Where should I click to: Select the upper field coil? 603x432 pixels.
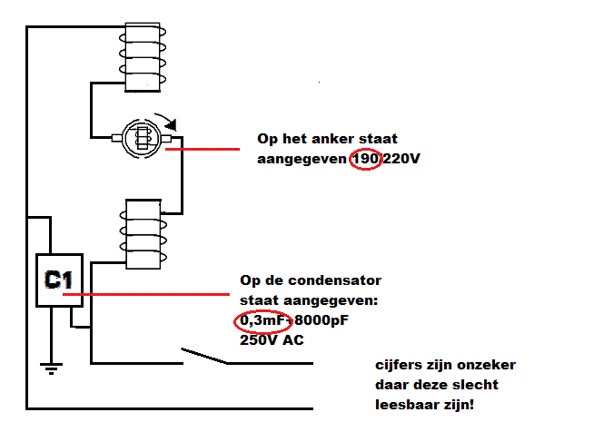point(142,54)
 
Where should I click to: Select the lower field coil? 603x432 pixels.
point(142,232)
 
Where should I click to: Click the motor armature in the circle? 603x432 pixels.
point(143,139)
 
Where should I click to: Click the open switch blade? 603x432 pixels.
point(203,354)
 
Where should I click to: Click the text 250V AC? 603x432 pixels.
point(272,341)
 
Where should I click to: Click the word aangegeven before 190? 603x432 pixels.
point(302,160)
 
